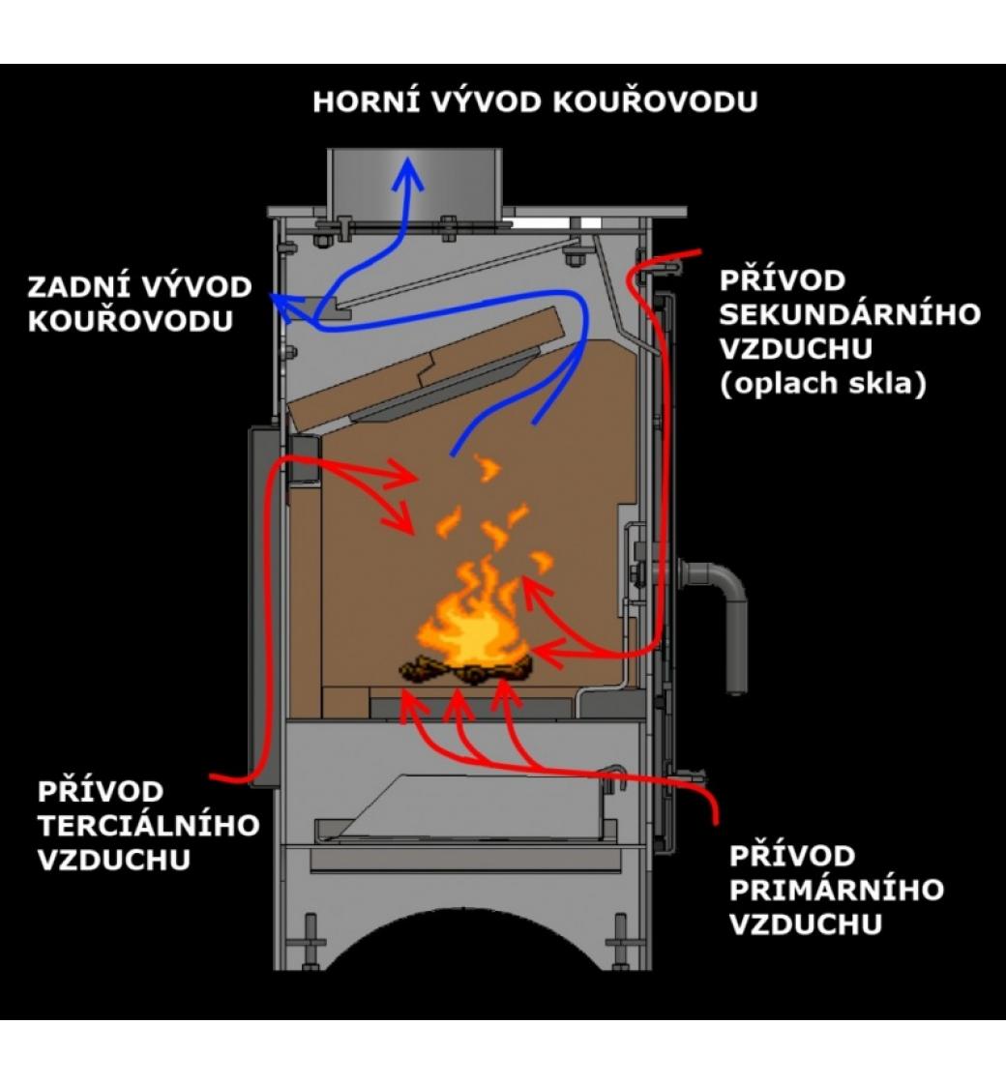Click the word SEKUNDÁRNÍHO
850,314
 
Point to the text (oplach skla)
824,384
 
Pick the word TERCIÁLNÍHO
149,825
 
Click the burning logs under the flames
466,668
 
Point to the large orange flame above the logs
471,619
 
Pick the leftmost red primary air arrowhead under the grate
412,703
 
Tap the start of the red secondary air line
698,253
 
